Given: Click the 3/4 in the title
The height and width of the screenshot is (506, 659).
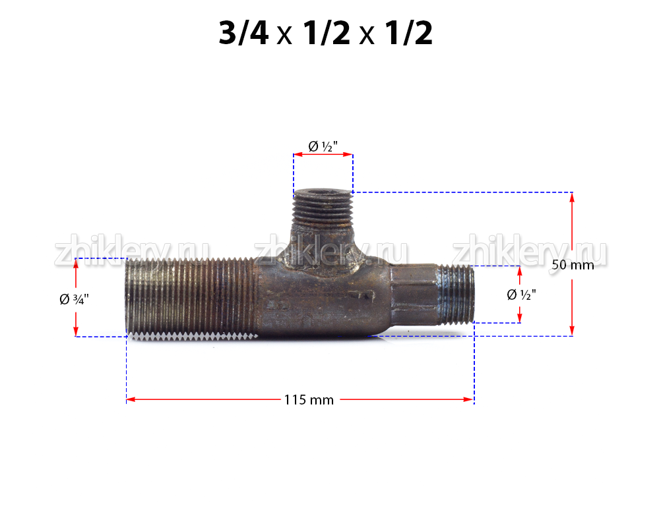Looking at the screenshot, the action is pyautogui.click(x=243, y=33).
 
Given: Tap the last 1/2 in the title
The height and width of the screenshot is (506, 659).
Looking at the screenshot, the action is pyautogui.click(x=408, y=33).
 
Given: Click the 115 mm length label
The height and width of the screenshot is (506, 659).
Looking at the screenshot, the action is pyautogui.click(x=309, y=400).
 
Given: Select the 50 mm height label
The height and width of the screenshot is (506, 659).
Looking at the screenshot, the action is pyautogui.click(x=573, y=265).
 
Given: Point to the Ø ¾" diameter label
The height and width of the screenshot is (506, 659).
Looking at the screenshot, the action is pyautogui.click(x=74, y=299).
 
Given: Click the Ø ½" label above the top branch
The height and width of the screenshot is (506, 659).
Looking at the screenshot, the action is pyautogui.click(x=323, y=146).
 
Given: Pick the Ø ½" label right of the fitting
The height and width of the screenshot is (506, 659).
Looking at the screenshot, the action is pyautogui.click(x=521, y=295).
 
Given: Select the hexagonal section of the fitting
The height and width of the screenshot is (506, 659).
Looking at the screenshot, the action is pyautogui.click(x=414, y=295).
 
